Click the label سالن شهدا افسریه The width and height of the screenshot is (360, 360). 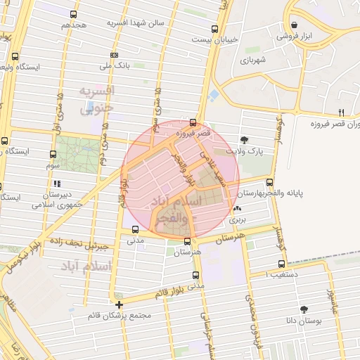(x=135, y=22)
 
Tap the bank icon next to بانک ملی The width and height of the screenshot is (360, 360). (x=114, y=55)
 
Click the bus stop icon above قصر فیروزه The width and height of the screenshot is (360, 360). (x=193, y=122)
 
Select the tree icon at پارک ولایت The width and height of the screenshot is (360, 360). (x=244, y=140)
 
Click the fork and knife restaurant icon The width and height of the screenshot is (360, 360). (x=341, y=112)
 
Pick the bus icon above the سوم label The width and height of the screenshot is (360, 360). (x=53, y=154)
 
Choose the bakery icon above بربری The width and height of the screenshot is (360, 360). (x=237, y=209)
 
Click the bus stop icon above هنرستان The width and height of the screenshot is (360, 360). (x=186, y=241)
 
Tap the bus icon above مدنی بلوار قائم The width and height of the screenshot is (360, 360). (x=195, y=276)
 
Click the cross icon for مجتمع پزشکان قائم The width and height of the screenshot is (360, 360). (x=120, y=305)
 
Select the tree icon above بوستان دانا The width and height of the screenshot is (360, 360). (x=304, y=309)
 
